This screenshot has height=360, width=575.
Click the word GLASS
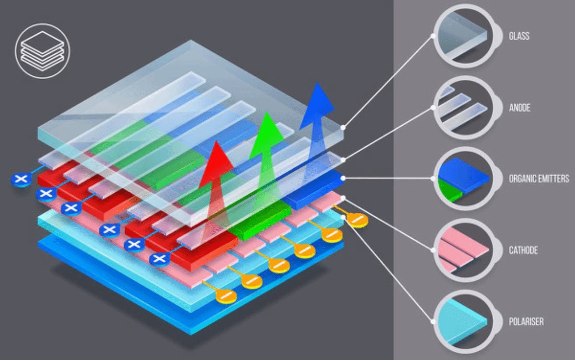[519, 36]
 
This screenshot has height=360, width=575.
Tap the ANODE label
[519, 108]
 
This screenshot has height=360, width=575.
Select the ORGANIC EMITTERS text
[539, 178]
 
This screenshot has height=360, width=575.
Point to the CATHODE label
[523, 250]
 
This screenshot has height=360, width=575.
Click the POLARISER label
[526, 321]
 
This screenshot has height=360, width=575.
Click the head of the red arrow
[216, 164]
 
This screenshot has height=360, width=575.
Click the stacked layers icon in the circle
[42, 51]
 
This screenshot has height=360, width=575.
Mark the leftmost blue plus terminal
[21, 179]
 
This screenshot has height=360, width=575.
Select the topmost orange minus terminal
[357, 219]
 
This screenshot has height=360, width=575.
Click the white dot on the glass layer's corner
[343, 127]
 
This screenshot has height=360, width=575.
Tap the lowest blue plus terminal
[159, 259]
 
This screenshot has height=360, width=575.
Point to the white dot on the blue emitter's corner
[343, 178]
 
